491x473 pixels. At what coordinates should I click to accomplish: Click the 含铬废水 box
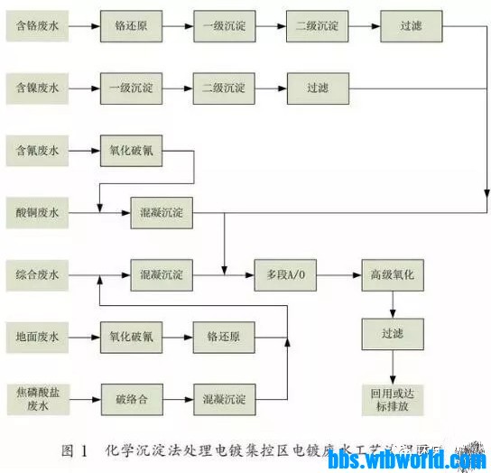(x=37, y=26)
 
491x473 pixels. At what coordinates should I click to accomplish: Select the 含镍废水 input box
(x=37, y=88)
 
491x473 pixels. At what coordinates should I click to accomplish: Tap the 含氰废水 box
(x=37, y=151)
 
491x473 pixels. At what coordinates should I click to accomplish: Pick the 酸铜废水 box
(x=37, y=212)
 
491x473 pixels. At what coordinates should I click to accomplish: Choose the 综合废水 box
(x=37, y=274)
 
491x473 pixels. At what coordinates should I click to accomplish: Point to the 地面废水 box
(x=37, y=337)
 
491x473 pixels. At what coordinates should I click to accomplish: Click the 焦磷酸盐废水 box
(x=37, y=398)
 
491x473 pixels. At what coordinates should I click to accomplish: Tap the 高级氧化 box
(x=391, y=274)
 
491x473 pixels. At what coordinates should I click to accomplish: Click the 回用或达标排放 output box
(x=391, y=398)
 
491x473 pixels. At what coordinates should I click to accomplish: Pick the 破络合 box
(x=131, y=398)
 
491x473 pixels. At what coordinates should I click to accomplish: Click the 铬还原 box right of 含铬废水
(x=131, y=26)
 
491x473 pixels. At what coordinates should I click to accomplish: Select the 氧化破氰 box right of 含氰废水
(x=131, y=151)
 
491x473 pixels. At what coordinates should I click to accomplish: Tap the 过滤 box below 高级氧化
(x=391, y=335)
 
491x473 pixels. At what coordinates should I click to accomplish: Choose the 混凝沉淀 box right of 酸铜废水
(x=162, y=212)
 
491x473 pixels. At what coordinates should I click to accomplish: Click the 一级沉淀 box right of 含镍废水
(x=131, y=88)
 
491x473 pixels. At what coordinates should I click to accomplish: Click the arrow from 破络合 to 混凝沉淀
(x=177, y=398)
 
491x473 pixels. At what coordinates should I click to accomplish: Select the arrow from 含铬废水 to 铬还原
(x=84, y=26)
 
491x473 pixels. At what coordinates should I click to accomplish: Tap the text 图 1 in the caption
(x=74, y=450)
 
